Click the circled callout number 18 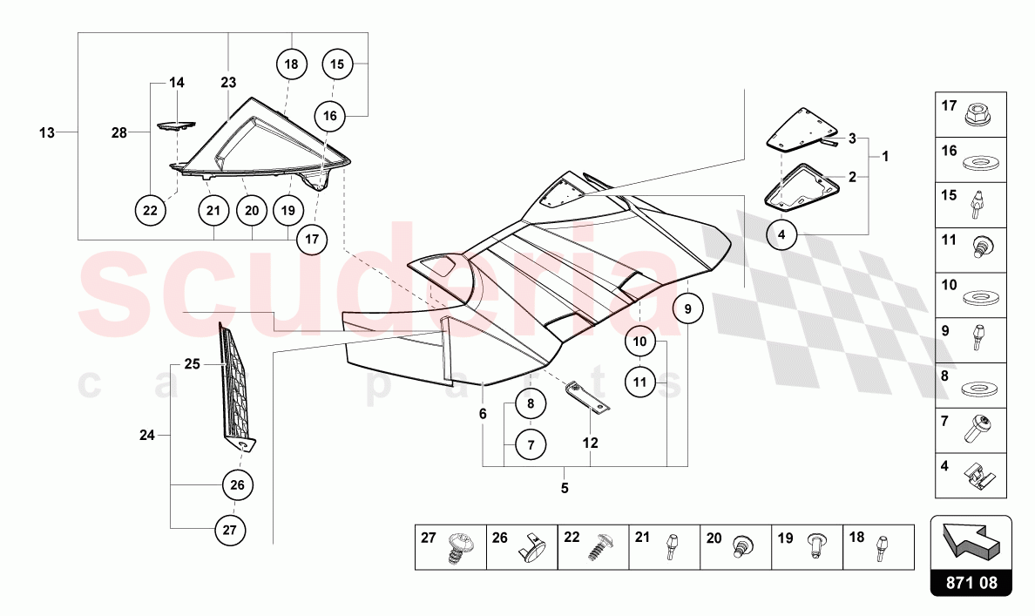pyautogui.click(x=292, y=64)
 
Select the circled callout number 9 pyautogui.click(x=687, y=308)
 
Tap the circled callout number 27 pyautogui.click(x=230, y=530)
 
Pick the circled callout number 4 pyautogui.click(x=782, y=234)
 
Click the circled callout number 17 pyautogui.click(x=312, y=239)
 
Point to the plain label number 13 pyautogui.click(x=47, y=132)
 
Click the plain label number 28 pyautogui.click(x=118, y=133)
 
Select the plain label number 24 pyautogui.click(x=147, y=435)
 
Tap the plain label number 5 pyautogui.click(x=565, y=489)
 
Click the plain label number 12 pyautogui.click(x=590, y=443)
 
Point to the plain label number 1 pyautogui.click(x=885, y=157)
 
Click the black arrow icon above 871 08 pyautogui.click(x=971, y=538)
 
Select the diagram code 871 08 pyautogui.click(x=971, y=583)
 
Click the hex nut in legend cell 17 pyautogui.click(x=976, y=116)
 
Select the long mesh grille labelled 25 pyautogui.click(x=235, y=383)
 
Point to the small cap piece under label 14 pyautogui.click(x=176, y=124)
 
